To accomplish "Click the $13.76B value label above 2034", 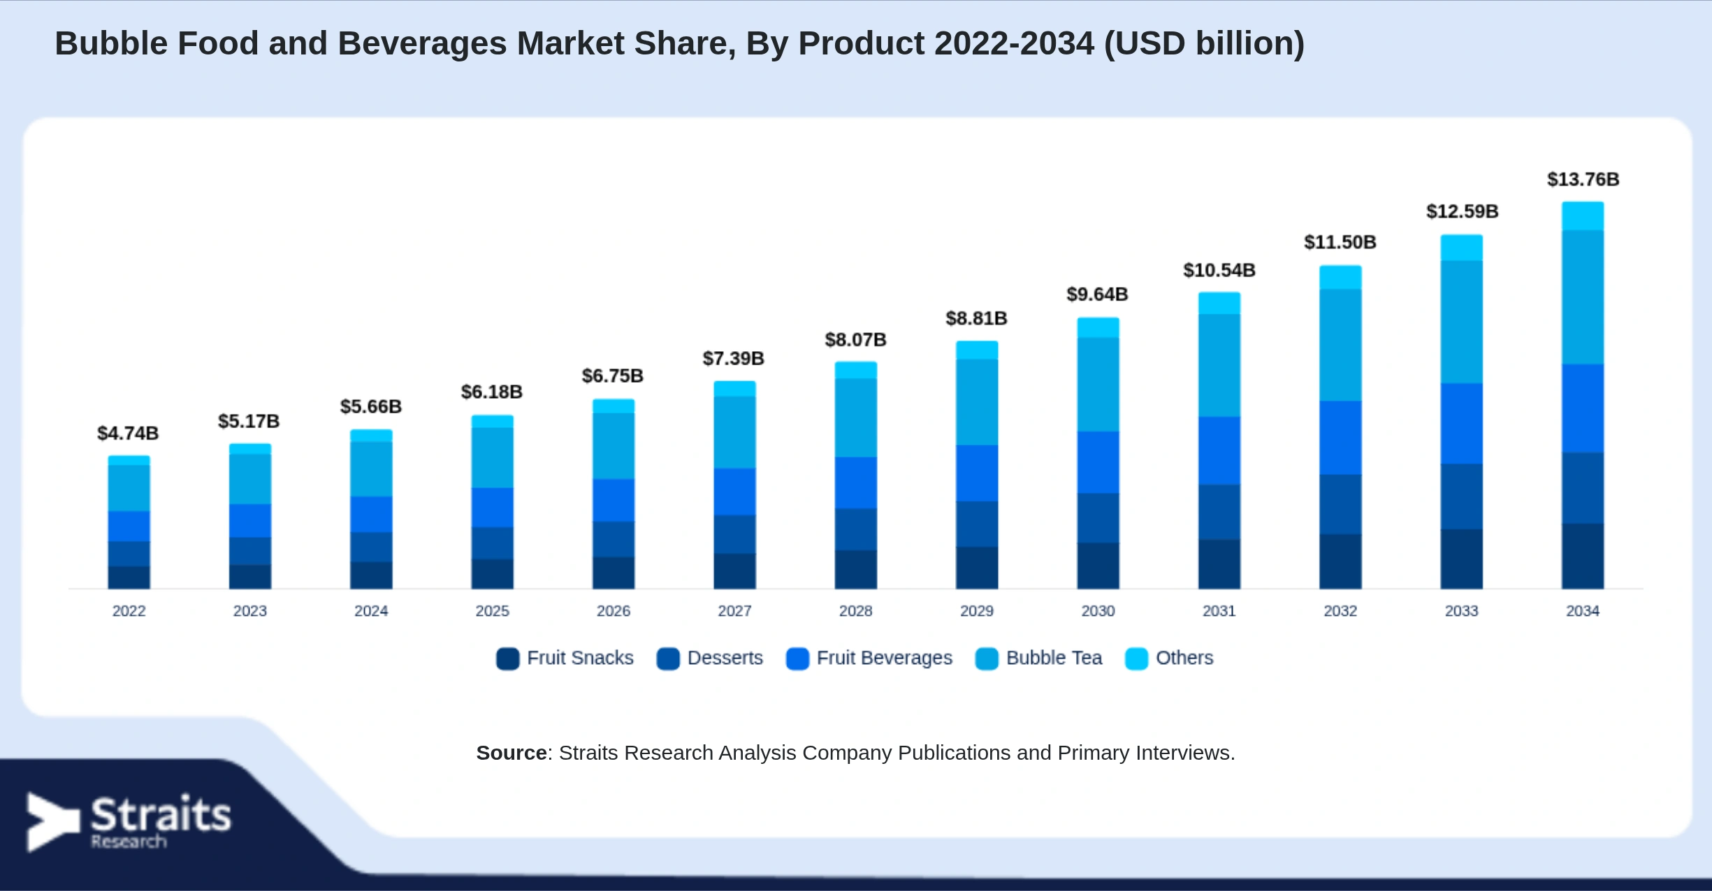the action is [x=1583, y=179].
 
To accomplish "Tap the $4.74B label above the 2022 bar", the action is [x=128, y=434].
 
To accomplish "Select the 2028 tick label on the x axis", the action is [x=855, y=611].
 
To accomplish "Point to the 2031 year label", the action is [x=1219, y=611].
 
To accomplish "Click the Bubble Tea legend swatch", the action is [x=987, y=658].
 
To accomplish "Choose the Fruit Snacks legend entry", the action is [x=565, y=658].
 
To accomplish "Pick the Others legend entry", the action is [x=1169, y=658].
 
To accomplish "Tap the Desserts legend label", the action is [x=725, y=658].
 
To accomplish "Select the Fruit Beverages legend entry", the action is [x=869, y=658].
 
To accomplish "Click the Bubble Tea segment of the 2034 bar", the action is [x=1583, y=297].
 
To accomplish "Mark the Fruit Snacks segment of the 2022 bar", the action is [x=129, y=577].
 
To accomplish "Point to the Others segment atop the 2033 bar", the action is [x=1461, y=248].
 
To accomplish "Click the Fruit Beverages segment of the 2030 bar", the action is [x=1098, y=462].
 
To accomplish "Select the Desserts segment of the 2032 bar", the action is [x=1340, y=505].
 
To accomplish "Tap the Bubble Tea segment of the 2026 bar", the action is [x=614, y=446].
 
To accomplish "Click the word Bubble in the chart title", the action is [x=112, y=43].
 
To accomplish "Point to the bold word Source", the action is [x=512, y=753].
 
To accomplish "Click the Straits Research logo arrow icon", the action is [x=52, y=822].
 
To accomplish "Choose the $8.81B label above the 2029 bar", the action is [x=976, y=318].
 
